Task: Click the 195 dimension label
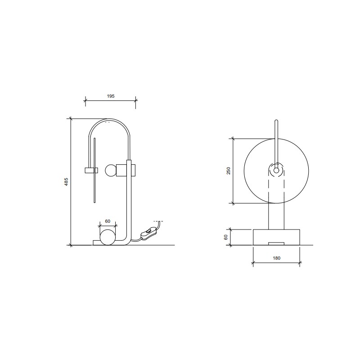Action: [111, 96]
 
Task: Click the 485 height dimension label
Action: [66, 182]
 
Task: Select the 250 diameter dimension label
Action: [229, 171]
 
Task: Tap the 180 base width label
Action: [277, 258]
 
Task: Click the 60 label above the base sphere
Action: [108, 221]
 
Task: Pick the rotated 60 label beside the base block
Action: [226, 237]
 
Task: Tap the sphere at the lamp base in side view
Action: [108, 237]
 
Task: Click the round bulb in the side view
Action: [111, 171]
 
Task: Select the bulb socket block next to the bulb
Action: [121, 171]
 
